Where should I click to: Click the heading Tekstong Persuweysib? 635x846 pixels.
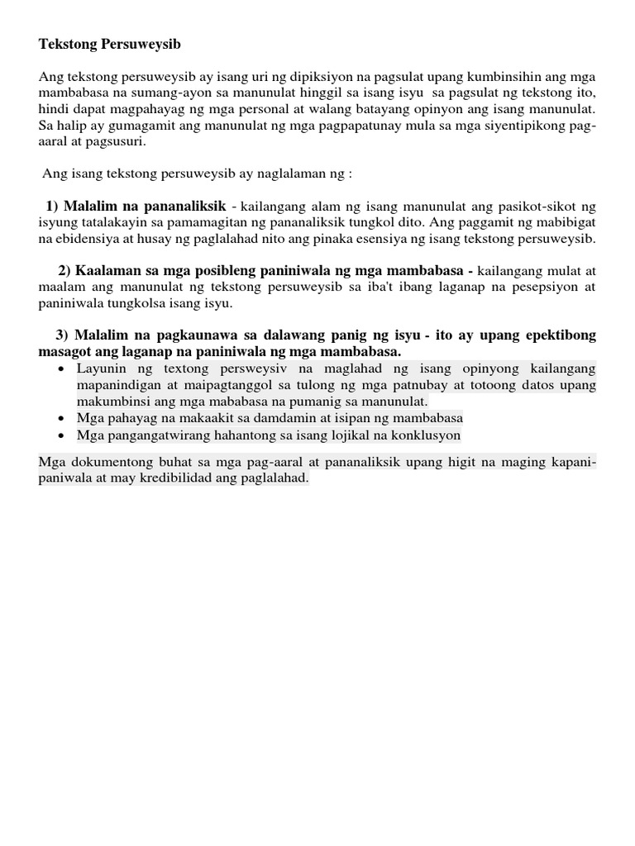(x=109, y=42)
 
